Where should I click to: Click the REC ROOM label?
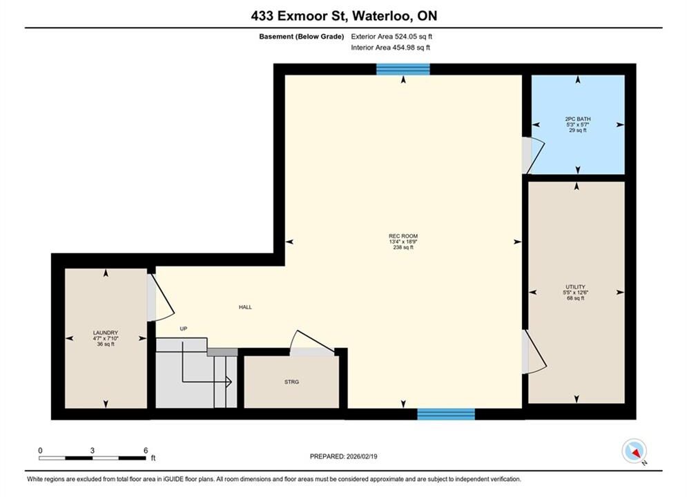(x=403, y=236)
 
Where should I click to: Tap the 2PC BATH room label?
(x=578, y=119)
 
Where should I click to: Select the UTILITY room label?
(x=575, y=287)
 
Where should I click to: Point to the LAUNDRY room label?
(x=106, y=333)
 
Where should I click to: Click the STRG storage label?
(x=291, y=382)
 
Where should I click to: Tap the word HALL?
(x=245, y=307)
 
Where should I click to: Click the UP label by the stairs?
(x=184, y=329)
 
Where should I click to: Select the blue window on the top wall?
(x=403, y=69)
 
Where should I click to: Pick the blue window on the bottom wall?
(x=446, y=413)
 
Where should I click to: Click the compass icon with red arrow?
(x=634, y=451)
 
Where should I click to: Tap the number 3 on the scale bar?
(x=92, y=450)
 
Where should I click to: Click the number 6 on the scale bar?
(x=146, y=450)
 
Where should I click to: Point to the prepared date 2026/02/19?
(x=362, y=456)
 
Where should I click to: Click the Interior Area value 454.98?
(x=403, y=48)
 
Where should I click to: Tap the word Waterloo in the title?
(x=382, y=16)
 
